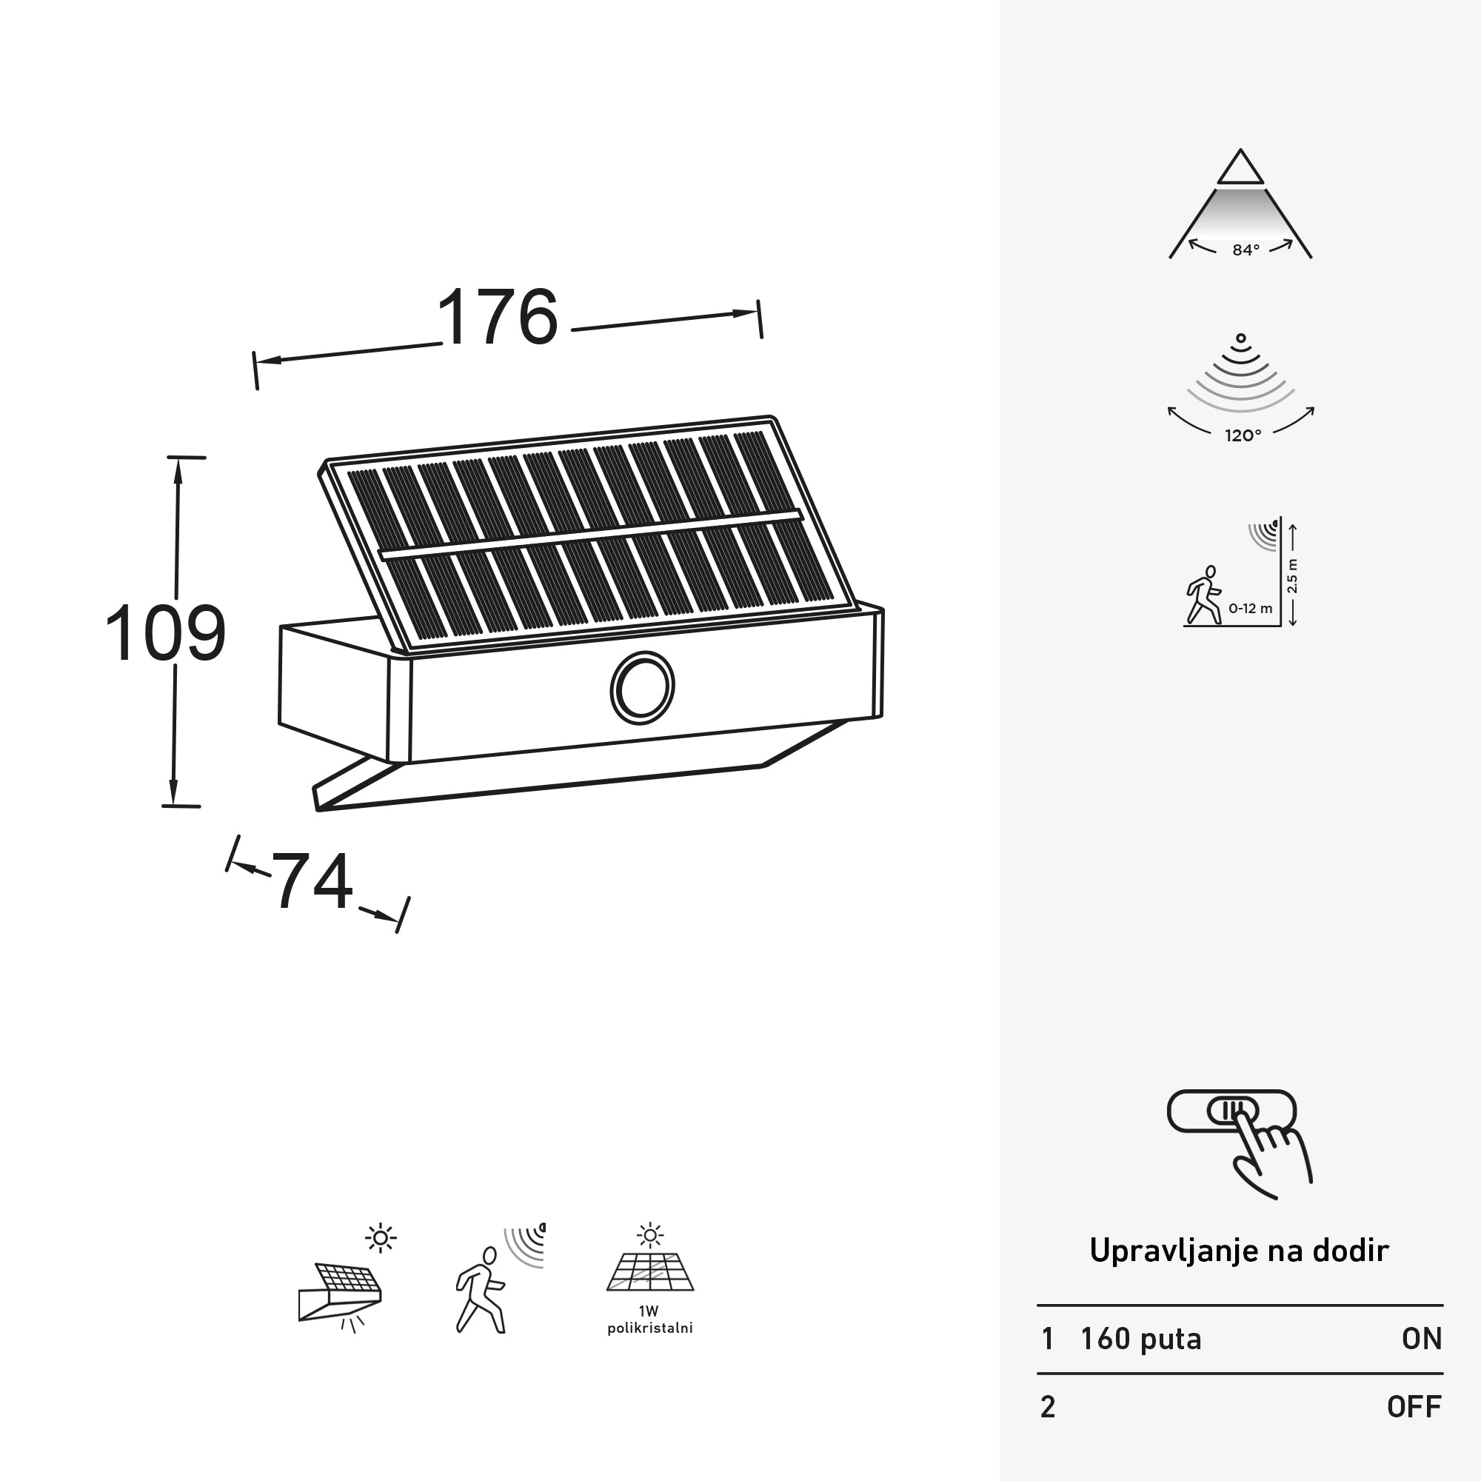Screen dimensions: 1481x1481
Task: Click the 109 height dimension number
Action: [166, 633]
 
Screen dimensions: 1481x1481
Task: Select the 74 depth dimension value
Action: [312, 881]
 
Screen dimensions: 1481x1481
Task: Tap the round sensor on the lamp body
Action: [641, 688]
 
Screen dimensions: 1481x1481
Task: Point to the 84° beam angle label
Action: [1246, 250]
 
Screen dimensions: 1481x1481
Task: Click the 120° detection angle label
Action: [1243, 435]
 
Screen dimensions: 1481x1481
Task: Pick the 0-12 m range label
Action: [1250, 608]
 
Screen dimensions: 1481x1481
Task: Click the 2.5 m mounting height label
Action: [1292, 575]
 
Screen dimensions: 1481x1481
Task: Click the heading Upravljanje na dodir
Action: [1239, 1251]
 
